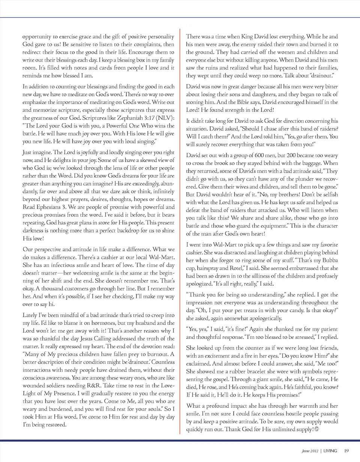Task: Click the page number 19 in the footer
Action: click(346, 450)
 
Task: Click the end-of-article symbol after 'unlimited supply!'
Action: click(316, 429)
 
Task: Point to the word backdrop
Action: click(127, 228)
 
